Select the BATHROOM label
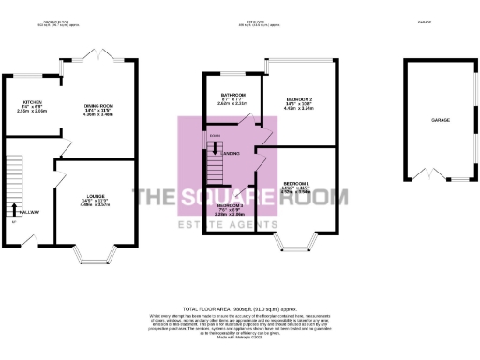click(233, 95)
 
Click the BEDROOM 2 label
click(299, 98)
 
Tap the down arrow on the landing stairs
click(215, 146)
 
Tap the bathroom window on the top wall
click(231, 72)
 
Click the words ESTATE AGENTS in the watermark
click(241, 224)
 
